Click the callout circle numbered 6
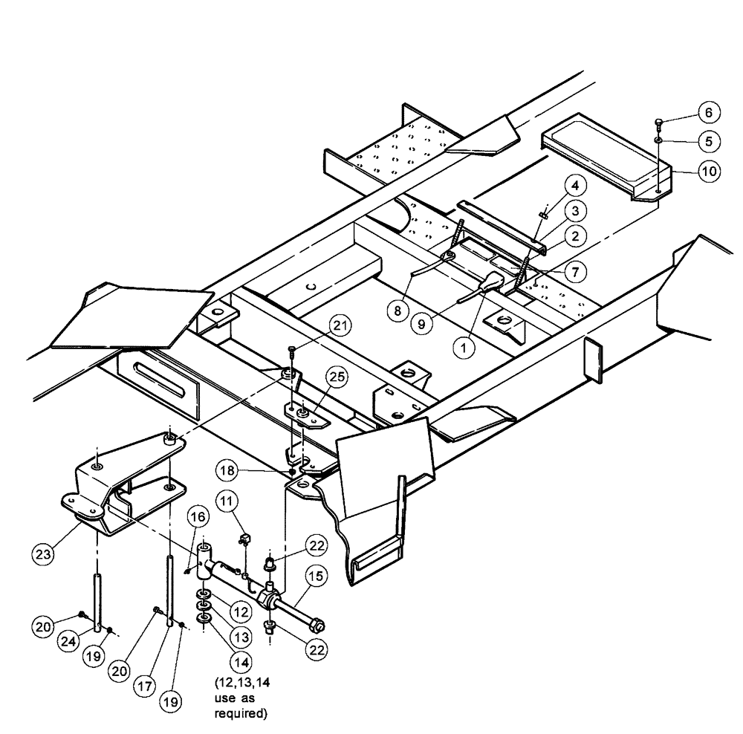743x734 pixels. tap(708, 112)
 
